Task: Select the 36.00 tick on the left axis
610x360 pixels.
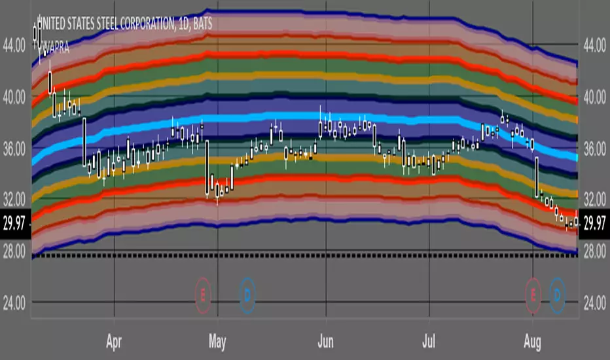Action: coord(15,149)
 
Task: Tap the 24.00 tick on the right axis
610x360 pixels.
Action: coord(594,303)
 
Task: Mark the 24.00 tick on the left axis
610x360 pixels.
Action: coord(15,303)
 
